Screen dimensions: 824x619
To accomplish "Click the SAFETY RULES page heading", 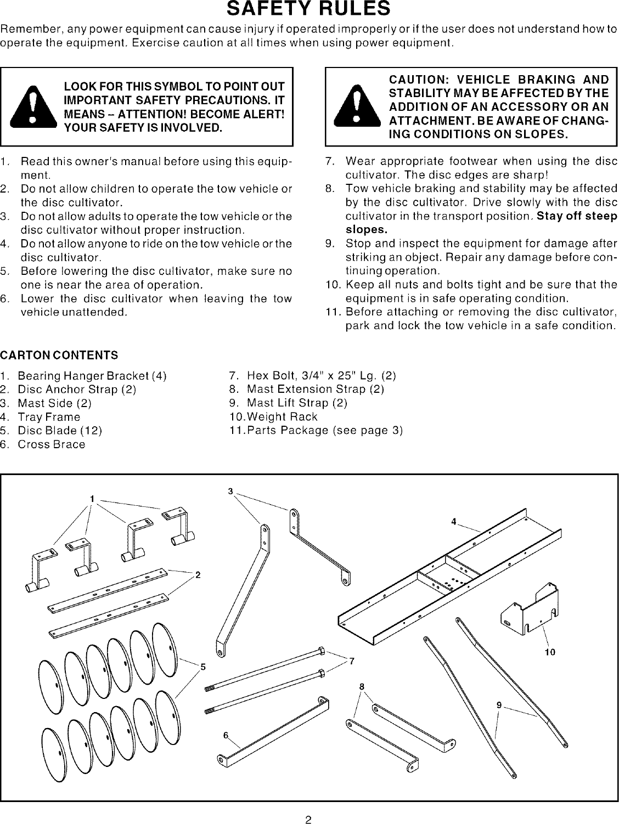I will coord(309,9).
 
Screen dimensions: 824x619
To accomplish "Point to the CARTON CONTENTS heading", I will coord(59,355).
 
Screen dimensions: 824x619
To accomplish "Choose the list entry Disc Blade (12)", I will coord(60,430).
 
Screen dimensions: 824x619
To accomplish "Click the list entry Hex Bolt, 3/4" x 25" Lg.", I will coord(321,376).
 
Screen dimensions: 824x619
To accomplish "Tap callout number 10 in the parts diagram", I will coord(549,652).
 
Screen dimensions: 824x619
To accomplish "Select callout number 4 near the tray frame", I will coord(454,522).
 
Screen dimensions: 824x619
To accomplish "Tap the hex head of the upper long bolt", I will coord(322,652).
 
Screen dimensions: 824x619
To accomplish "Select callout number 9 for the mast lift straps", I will coord(499,706).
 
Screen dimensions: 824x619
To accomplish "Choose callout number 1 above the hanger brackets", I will coord(93,498).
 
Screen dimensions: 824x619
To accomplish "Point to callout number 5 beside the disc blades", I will coord(202,667).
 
